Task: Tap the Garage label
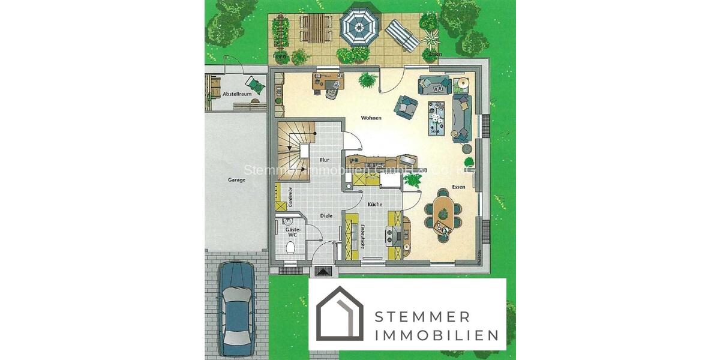[236, 179]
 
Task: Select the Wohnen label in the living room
[371, 118]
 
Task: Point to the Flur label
[325, 160]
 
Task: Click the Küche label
[375, 205]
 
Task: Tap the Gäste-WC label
[292, 233]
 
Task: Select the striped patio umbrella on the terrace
[359, 25]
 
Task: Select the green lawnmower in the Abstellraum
[254, 85]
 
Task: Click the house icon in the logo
[340, 314]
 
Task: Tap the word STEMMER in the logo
[422, 316]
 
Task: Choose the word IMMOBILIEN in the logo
[436, 335]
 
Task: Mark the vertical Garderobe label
[290, 197]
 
